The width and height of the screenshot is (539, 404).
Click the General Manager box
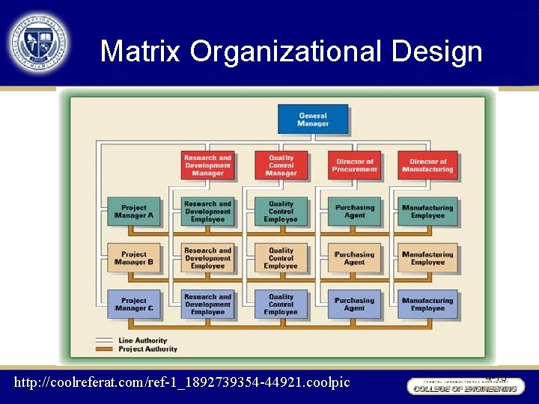tap(313, 120)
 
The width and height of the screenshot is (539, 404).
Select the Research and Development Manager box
tap(207, 165)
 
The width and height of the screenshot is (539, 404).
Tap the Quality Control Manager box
tap(281, 165)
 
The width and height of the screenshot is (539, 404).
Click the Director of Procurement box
tap(354, 165)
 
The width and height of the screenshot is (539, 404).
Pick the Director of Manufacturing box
tap(427, 165)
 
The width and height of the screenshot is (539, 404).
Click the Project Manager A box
tap(134, 212)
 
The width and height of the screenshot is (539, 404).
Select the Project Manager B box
tap(134, 258)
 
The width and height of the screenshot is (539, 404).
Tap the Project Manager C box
tap(134, 304)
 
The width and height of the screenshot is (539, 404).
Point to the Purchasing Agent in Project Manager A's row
tap(354, 212)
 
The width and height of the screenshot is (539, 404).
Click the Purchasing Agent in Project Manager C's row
tap(354, 304)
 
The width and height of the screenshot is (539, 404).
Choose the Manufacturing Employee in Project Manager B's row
tap(427, 258)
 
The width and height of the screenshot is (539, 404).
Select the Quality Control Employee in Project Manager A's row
tap(281, 212)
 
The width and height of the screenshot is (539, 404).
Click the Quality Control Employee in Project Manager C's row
tap(281, 304)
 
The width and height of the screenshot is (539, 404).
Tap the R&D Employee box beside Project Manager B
tap(207, 258)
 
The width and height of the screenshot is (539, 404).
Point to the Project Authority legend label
tap(148, 349)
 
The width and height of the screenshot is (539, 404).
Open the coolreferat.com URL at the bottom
tap(182, 382)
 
